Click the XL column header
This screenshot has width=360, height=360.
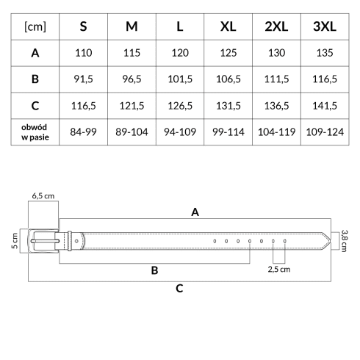tap(228, 26)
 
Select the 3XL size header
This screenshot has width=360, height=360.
tap(325, 26)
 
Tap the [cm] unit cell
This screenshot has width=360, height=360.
tap(35, 26)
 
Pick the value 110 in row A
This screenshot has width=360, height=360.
tap(84, 53)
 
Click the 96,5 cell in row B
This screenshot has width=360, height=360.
tap(132, 79)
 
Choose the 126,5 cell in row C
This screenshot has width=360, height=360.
tap(180, 106)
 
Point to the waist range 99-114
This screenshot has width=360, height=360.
tap(228, 132)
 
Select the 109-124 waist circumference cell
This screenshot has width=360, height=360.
tap(325, 132)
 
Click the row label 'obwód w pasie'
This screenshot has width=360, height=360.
tap(35, 132)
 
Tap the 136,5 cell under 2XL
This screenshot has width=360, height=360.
tap(276, 106)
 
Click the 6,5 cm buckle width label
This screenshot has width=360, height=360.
tap(43, 196)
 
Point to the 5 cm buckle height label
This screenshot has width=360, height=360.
tap(15, 241)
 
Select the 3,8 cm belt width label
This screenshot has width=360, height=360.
tap(344, 241)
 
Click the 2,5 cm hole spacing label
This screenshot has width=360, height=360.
tap(279, 270)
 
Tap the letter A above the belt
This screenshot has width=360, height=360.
tap(195, 212)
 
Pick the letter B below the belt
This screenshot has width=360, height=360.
tap(154, 270)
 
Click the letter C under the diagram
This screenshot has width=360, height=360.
tap(179, 289)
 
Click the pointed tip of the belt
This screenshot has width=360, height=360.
tap(331, 241)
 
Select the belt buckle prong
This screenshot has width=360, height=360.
tap(45, 241)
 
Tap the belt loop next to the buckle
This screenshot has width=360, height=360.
tap(70, 241)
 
